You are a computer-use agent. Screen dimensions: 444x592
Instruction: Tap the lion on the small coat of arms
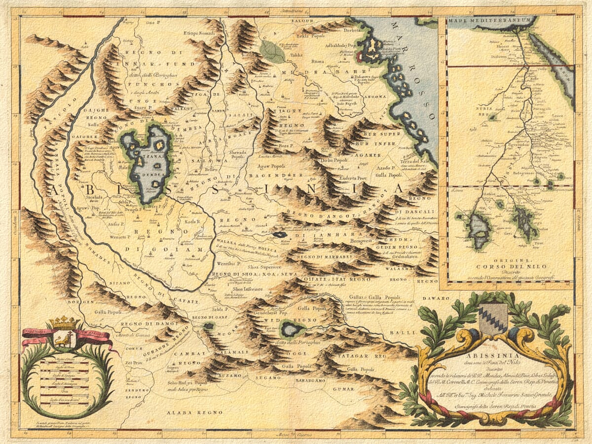[x=63, y=339]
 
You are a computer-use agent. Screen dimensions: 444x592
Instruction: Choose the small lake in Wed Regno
[x=291, y=328]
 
